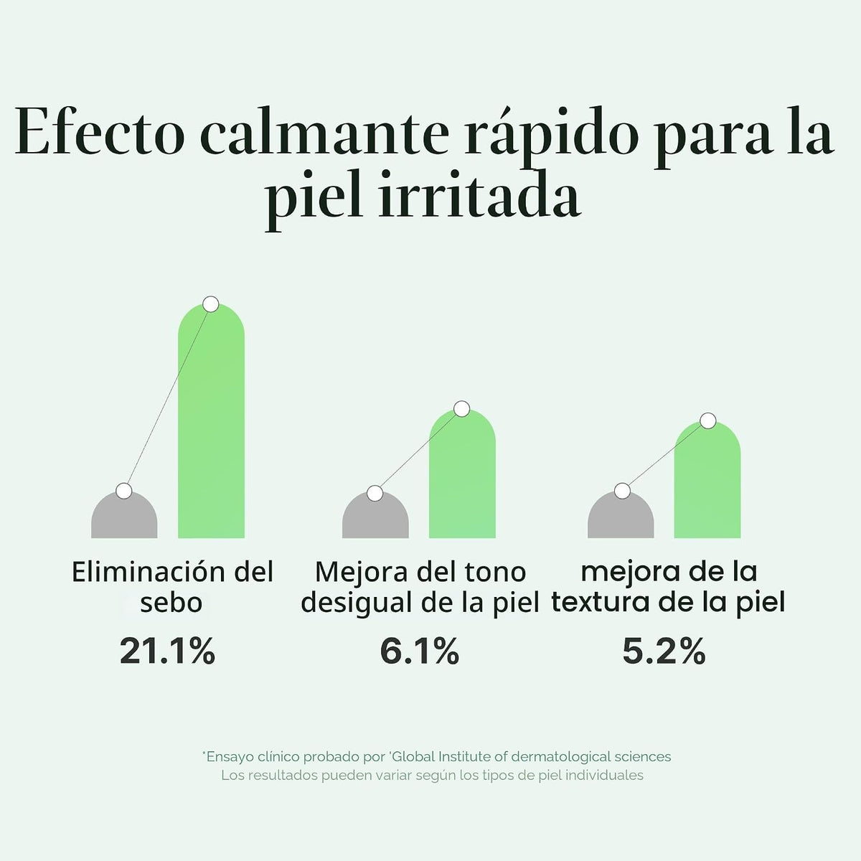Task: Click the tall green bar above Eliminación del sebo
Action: [211, 420]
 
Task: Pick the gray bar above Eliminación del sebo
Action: [124, 514]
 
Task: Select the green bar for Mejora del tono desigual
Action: [462, 473]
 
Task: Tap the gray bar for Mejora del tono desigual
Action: [375, 514]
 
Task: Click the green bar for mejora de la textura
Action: [707, 479]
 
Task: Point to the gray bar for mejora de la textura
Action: [621, 514]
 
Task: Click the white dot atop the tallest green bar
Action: [211, 304]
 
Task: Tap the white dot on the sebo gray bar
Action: [123, 491]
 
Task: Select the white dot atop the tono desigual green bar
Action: [462, 408]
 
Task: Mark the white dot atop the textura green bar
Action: [707, 420]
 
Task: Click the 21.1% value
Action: [168, 651]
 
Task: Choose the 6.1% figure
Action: [420, 651]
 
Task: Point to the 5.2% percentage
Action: [664, 651]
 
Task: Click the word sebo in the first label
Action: [171, 603]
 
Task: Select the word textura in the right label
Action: [601, 603]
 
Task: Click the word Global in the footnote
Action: [414, 756]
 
